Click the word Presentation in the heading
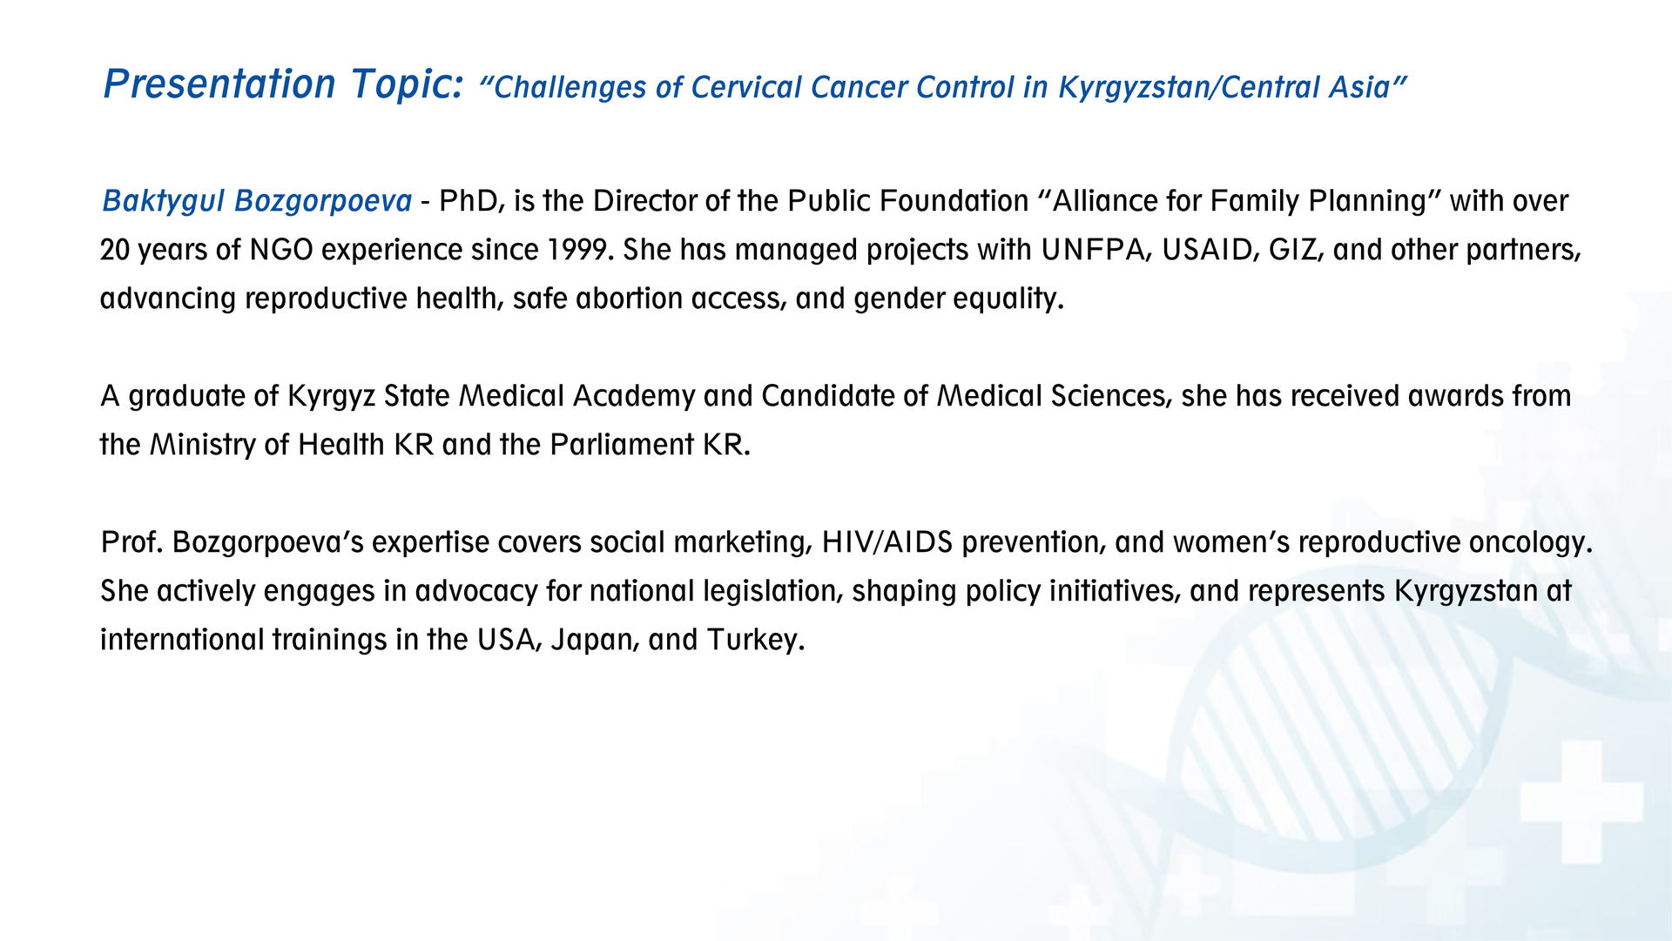(219, 84)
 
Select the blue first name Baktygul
(164, 202)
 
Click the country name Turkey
(755, 641)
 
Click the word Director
(645, 201)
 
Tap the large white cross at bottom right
(1581, 802)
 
